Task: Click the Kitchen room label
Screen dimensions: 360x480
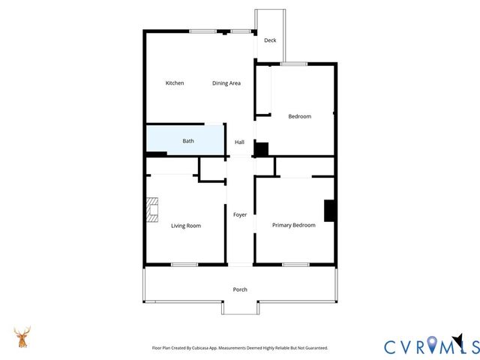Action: click(x=175, y=83)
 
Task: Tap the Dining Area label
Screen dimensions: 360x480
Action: click(x=226, y=83)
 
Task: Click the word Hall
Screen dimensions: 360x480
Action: click(x=240, y=142)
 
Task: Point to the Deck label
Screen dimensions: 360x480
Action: click(x=270, y=40)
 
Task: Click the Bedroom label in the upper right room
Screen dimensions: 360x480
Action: click(x=300, y=116)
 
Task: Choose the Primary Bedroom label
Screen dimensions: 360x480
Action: click(x=293, y=225)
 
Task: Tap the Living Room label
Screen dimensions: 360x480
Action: click(x=186, y=226)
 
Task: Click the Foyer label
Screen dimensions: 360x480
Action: click(x=240, y=215)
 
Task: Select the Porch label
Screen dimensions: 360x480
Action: click(x=240, y=289)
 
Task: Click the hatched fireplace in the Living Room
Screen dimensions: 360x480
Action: click(x=153, y=210)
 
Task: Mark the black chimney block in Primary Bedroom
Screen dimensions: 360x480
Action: click(x=329, y=211)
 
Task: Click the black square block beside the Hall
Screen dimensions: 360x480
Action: click(x=261, y=149)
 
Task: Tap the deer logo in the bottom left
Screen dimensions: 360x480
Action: click(x=22, y=337)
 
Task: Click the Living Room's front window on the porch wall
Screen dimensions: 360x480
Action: click(x=184, y=264)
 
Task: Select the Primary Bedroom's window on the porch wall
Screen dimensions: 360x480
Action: click(x=295, y=264)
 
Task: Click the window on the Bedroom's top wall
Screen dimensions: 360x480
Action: click(x=294, y=64)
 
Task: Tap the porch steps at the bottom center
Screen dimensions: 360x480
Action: click(x=240, y=307)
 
